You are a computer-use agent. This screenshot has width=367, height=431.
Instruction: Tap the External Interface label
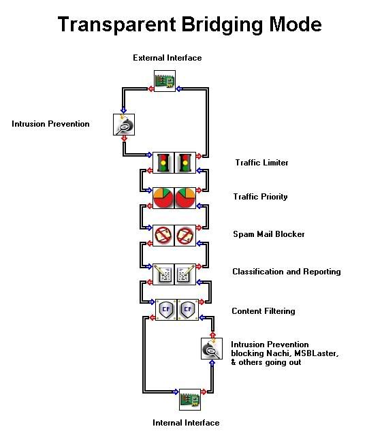pos(167,58)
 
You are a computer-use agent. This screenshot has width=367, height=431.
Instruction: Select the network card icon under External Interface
pos(165,81)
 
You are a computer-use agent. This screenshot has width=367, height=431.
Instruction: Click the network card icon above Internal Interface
pos(190,400)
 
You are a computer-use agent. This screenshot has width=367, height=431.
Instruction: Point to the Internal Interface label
pos(186,422)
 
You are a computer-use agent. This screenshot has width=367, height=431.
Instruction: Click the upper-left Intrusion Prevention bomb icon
pos(124,125)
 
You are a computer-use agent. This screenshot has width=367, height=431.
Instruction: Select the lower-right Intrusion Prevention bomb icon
pos(212,349)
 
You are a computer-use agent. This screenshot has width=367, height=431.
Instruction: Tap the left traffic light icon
pos(163,163)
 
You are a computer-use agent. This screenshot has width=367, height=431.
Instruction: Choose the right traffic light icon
pos(185,163)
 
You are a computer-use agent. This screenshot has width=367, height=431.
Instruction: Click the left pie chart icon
pos(163,198)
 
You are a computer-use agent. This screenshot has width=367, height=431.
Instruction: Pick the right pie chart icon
pos(185,198)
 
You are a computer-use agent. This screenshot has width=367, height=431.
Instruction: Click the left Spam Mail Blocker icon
pos(163,236)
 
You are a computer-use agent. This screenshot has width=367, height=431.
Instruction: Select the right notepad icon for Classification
pos(185,274)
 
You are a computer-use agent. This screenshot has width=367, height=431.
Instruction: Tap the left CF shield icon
pos(166,310)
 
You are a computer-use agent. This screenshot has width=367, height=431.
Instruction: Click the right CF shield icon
pos(188,310)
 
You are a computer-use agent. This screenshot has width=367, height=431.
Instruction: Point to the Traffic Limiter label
pos(261,163)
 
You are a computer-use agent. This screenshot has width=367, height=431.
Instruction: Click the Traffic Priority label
pos(260,197)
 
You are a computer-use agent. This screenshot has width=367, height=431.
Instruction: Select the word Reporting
pos(322,272)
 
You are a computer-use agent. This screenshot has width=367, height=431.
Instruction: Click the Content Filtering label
pos(264,311)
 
